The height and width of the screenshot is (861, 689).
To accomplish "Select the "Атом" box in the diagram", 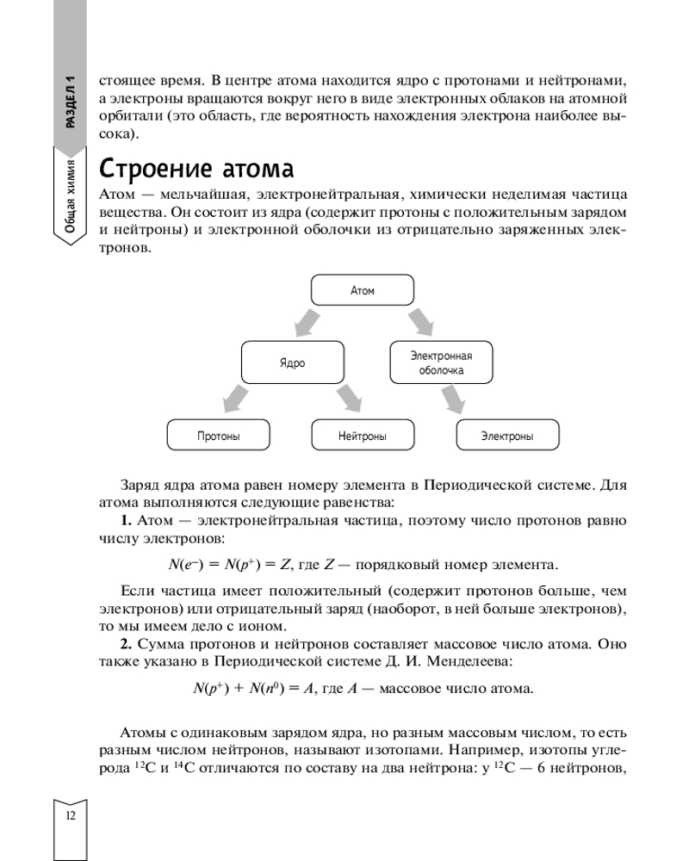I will (x=363, y=291).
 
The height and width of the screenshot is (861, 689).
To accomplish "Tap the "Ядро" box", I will (x=293, y=363).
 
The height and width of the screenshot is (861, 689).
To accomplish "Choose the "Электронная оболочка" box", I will (x=441, y=362).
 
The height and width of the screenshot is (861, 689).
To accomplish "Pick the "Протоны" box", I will (x=218, y=436).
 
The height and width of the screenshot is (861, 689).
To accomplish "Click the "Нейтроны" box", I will (x=363, y=436).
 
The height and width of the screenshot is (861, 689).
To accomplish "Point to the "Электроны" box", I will (x=507, y=436).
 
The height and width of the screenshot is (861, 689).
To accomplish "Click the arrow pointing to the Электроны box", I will (x=456, y=399).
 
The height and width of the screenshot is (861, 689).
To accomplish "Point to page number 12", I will (x=69, y=815).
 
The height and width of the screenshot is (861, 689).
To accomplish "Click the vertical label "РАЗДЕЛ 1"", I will (x=71, y=101).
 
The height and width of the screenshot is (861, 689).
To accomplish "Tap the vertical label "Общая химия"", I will (x=71, y=196).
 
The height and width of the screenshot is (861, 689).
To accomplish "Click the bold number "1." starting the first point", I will (x=125, y=521).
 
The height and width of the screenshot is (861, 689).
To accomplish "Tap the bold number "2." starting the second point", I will (x=125, y=644).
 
